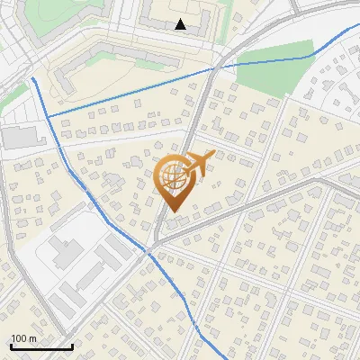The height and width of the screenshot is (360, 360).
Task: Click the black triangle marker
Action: coord(181,24)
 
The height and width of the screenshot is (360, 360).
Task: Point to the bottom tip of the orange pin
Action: coord(171,212)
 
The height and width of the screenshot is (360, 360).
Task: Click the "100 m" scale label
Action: coord(23,338)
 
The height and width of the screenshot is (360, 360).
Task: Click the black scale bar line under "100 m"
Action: coord(41,346)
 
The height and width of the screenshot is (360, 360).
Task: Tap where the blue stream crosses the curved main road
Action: coord(212,67)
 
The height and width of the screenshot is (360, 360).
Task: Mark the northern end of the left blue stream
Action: coord(33,78)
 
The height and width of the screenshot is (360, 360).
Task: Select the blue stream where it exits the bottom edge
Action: coord(200,356)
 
